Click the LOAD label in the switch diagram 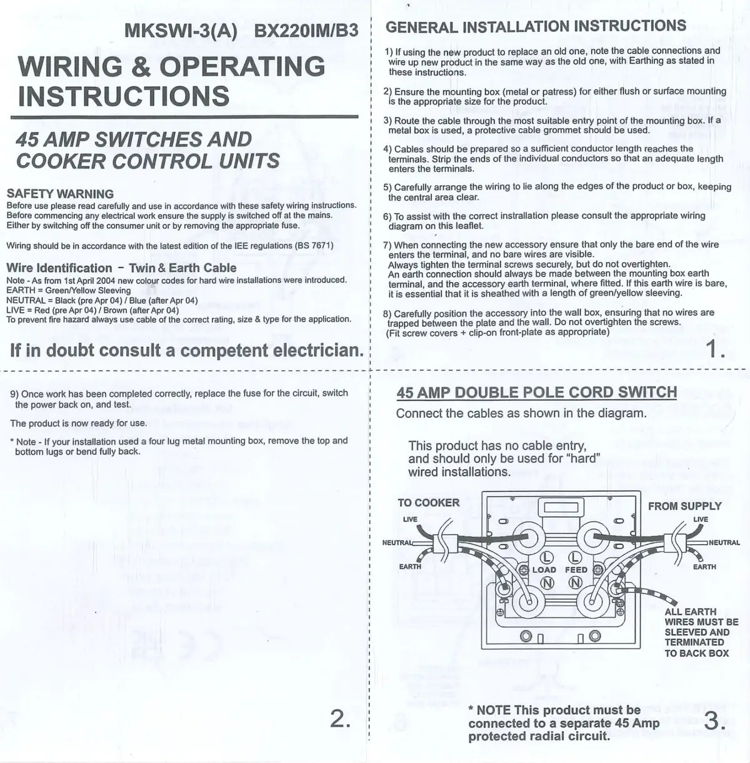coord(544,570)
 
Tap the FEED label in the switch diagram coord(576,570)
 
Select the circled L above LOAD coord(547,557)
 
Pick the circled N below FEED coord(574,582)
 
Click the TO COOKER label coord(429,503)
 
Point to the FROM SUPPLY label coord(685,506)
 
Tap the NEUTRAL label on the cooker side coord(397,543)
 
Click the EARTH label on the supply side coord(704,567)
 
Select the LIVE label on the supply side coord(701,520)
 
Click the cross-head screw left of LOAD coord(524,570)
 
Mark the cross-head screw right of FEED coord(598,570)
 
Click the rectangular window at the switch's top coord(561,508)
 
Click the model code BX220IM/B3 coord(306,31)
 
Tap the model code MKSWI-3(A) coord(181,31)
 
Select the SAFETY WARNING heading coord(60,194)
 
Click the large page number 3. coord(715,721)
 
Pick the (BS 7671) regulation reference coord(314,246)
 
